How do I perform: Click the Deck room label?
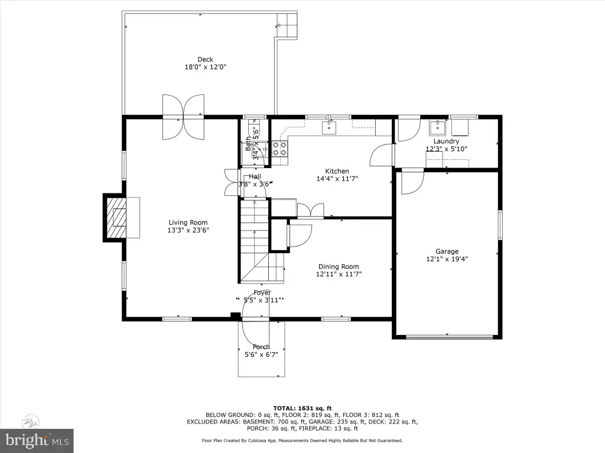click(205, 60)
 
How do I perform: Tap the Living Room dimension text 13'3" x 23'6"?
click(188, 231)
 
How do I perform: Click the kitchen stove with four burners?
click(279, 149)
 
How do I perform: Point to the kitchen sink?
click(329, 127)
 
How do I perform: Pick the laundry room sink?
click(438, 127)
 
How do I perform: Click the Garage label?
click(447, 251)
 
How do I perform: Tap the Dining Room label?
click(339, 267)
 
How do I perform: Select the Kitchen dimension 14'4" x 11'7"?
click(337, 179)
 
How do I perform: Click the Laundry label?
click(446, 142)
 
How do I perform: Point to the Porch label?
click(261, 347)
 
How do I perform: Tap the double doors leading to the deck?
click(183, 117)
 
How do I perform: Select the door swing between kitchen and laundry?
click(382, 155)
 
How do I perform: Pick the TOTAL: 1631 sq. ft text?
click(302, 408)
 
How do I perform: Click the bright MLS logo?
click(37, 440)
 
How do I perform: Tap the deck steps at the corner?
click(287, 25)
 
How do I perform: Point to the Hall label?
click(255, 176)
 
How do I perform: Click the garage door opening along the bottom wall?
click(449, 337)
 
